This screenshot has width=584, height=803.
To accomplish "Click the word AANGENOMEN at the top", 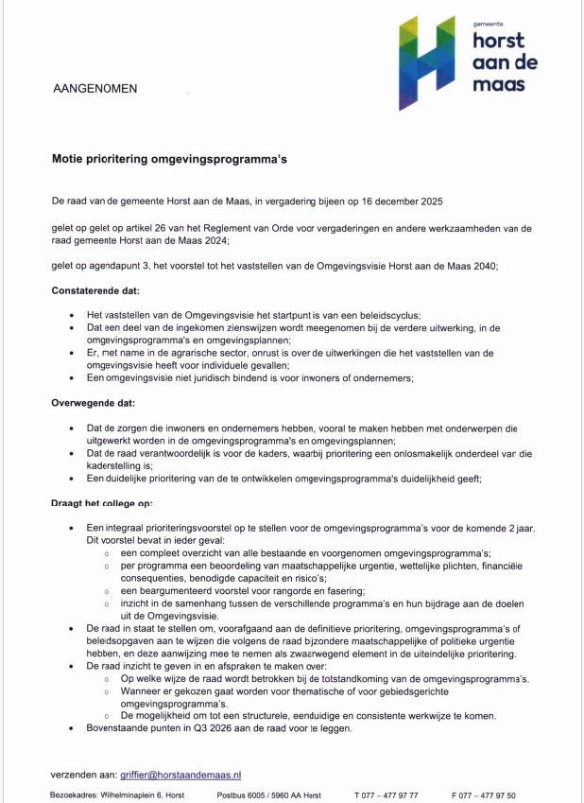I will (94, 89).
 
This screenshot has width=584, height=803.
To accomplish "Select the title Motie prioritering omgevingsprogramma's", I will (169, 160).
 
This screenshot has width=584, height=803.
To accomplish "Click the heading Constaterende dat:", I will (94, 290).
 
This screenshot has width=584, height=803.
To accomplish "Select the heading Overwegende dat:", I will (93, 403).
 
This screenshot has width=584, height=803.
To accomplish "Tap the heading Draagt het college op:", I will (101, 503).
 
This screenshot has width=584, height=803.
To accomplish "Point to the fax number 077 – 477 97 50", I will (490, 796).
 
